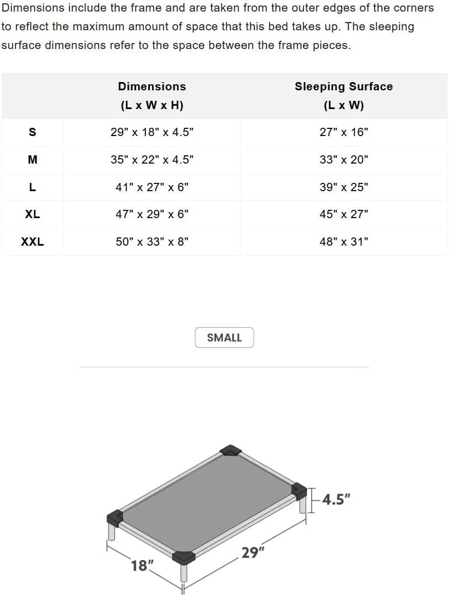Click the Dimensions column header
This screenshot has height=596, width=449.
(x=152, y=95)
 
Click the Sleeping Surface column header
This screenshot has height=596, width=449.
(x=344, y=95)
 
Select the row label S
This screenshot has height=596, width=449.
(x=33, y=132)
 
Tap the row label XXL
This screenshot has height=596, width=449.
(x=33, y=241)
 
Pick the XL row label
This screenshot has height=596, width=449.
(x=33, y=214)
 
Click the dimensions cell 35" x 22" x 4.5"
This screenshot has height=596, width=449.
(x=152, y=160)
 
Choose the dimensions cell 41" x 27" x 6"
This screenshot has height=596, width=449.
(x=152, y=187)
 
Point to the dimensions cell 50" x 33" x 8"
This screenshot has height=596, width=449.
(x=152, y=241)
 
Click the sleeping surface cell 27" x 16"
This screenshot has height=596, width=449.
(x=344, y=132)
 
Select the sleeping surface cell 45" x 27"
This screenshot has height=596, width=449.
(x=344, y=214)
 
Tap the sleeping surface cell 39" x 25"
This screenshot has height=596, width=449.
(x=344, y=187)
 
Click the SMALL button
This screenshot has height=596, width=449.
(x=224, y=338)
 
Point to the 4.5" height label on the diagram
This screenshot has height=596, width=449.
(x=336, y=500)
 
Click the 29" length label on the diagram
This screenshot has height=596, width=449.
(x=251, y=552)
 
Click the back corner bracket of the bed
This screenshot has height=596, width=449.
(x=231, y=451)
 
